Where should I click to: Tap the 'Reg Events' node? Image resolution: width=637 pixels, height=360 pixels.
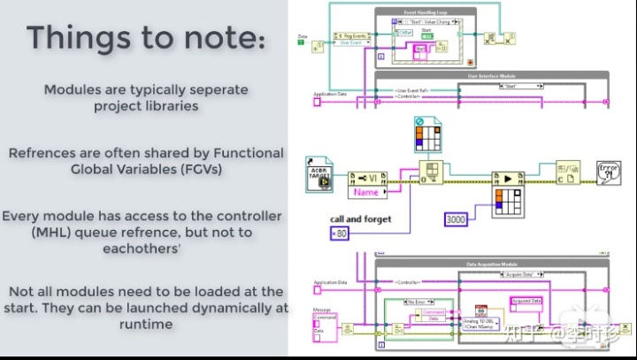coord(349,39)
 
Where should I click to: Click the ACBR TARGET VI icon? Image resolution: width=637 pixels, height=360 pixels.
coord(319,171)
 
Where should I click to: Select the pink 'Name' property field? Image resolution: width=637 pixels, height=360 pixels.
coord(366,191)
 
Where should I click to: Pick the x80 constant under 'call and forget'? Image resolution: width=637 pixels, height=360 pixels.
coord(341,234)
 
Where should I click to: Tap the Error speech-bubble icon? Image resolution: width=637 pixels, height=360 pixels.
coord(609,172)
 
